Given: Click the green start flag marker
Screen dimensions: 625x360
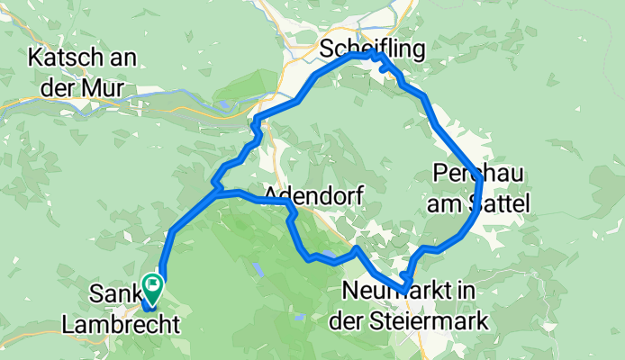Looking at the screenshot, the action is click(152, 287).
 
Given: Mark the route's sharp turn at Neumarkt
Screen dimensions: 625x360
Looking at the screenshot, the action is click(406, 289).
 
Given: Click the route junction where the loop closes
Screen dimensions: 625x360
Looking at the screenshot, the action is click(217, 191).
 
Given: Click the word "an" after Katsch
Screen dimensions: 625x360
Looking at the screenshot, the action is click(122, 58).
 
